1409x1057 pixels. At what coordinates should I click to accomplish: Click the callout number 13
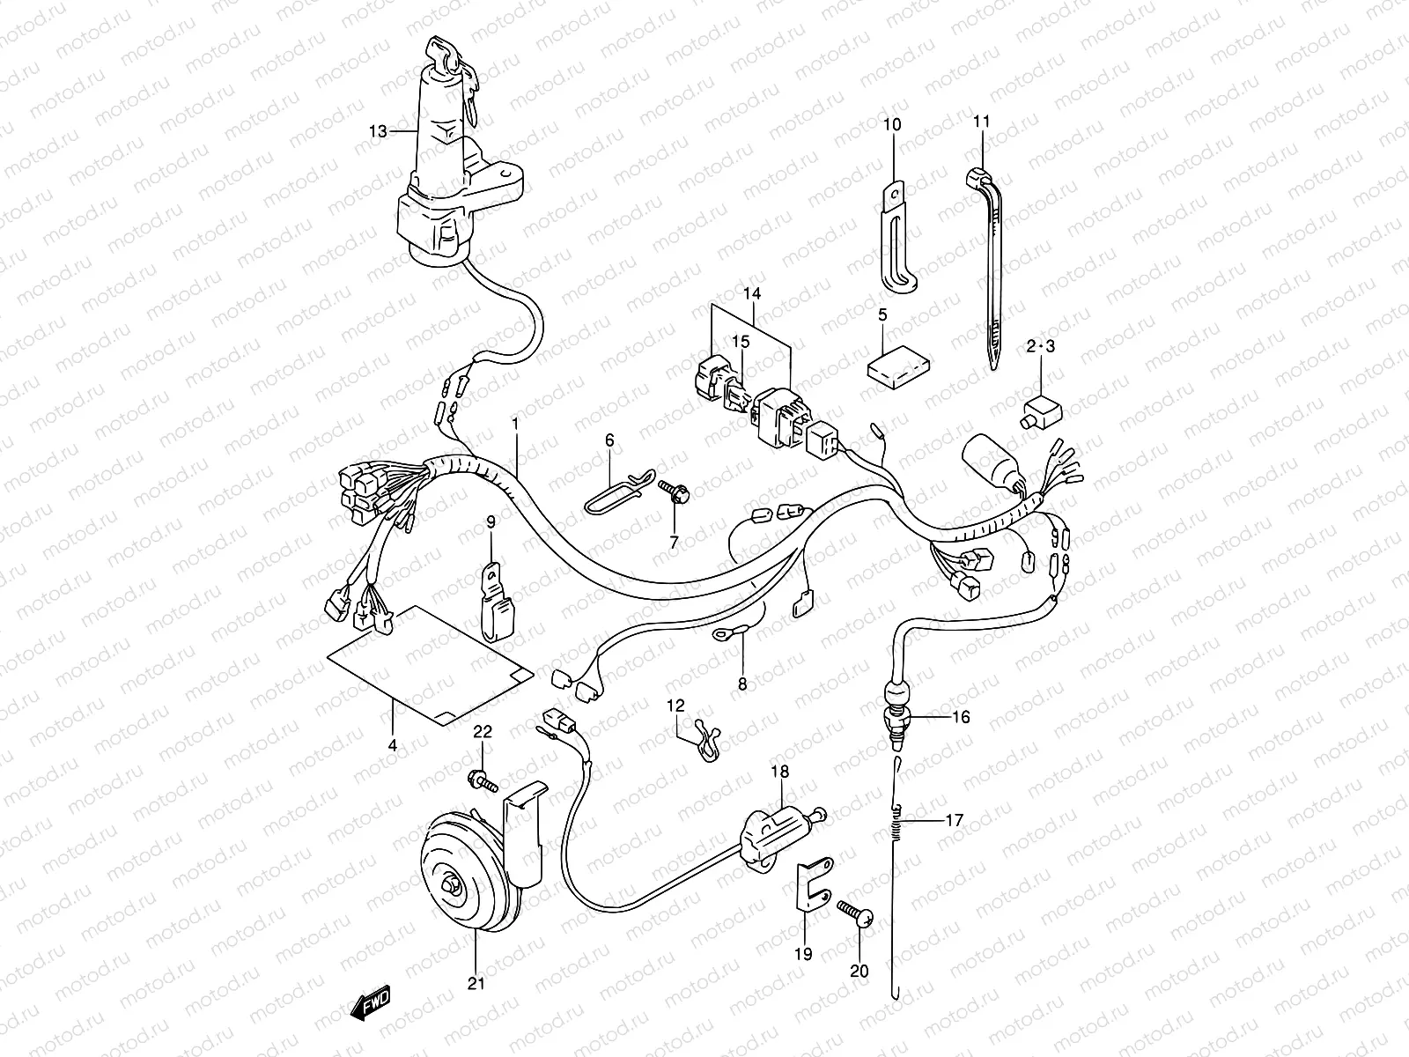tap(378, 132)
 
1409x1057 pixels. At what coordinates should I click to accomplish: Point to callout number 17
tap(954, 820)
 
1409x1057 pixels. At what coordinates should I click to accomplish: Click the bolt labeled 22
tap(483, 779)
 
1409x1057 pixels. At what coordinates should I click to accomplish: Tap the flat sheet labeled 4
tap(432, 665)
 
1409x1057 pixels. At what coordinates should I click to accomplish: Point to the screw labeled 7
tap(675, 492)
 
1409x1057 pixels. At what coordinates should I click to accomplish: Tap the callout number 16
tap(961, 717)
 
